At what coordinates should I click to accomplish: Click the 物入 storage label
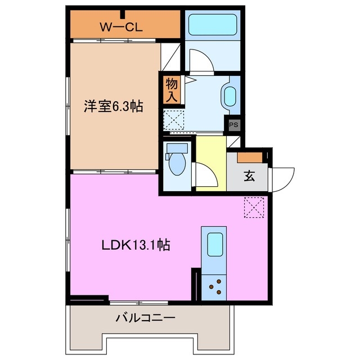coord(172,90)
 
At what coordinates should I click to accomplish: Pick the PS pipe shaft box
coord(232,125)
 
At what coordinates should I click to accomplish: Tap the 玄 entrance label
coord(249,175)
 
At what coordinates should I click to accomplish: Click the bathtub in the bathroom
coord(212,25)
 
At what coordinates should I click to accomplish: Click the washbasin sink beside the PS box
coord(230,96)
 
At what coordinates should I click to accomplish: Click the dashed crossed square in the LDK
coord(254,207)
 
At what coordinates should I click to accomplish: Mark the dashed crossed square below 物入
coord(173,120)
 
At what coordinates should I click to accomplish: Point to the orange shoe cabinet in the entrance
coord(249,157)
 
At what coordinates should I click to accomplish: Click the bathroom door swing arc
coord(200,60)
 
